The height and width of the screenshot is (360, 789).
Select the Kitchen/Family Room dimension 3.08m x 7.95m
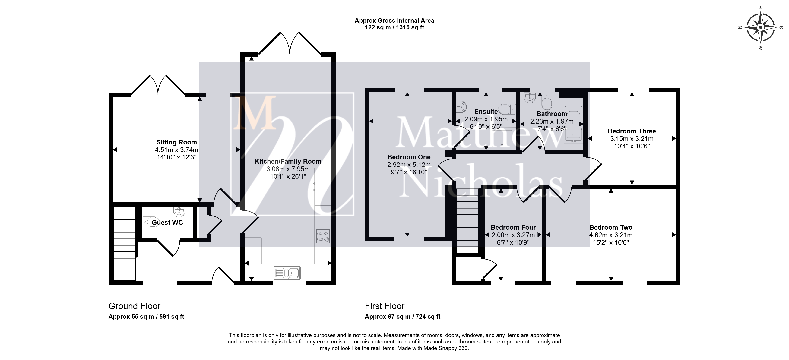click(288, 169)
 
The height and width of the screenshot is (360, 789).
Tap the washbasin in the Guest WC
click(179, 211)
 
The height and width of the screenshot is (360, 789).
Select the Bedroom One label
click(409, 157)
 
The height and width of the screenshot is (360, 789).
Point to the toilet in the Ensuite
click(507, 109)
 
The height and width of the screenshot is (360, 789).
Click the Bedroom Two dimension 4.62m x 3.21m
click(611, 235)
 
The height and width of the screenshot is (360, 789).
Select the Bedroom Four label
click(513, 227)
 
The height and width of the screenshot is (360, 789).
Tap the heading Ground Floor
click(135, 306)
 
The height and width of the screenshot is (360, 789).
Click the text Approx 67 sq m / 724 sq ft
click(402, 317)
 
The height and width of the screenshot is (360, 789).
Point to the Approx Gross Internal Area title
click(394, 21)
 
